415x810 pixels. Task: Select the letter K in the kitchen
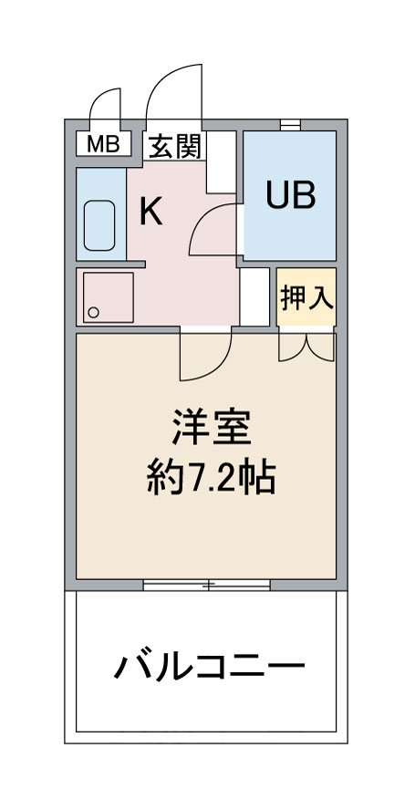coord(150,213)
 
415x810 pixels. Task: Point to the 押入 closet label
coord(306,297)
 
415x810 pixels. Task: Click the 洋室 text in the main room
coord(211,427)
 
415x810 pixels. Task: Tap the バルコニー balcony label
coord(209,668)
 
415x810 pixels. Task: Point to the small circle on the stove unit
coord(93,313)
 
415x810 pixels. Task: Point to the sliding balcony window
coord(207,585)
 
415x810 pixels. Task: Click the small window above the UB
coord(290,123)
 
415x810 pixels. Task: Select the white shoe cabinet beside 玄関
coord(222,161)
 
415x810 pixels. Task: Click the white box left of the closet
coord(255,296)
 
